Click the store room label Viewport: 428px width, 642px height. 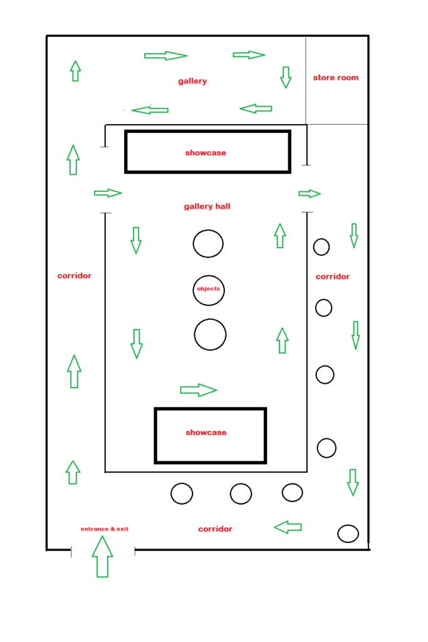(336, 78)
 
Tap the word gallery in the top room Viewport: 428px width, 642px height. (192, 81)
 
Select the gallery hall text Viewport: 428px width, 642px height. (207, 206)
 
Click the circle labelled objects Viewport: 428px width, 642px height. (208, 290)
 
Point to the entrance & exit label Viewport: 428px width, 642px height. (105, 529)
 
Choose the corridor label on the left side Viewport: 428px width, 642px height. (75, 275)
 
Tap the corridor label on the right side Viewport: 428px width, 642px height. (333, 276)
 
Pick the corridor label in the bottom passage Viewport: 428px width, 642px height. (215, 529)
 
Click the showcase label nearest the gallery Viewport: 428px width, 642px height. (206, 152)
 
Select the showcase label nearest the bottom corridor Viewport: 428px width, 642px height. (206, 433)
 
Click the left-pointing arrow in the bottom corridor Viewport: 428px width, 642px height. (288, 527)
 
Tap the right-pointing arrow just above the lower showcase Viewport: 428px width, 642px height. (198, 390)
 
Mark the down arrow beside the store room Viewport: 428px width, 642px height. (286, 76)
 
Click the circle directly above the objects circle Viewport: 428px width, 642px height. (208, 243)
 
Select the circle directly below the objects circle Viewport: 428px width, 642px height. (210, 334)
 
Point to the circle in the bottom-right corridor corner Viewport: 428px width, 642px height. (348, 534)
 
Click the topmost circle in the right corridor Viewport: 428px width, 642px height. (321, 247)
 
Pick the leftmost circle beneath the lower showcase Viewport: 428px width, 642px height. (182, 493)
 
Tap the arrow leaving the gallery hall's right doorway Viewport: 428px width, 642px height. (310, 193)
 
